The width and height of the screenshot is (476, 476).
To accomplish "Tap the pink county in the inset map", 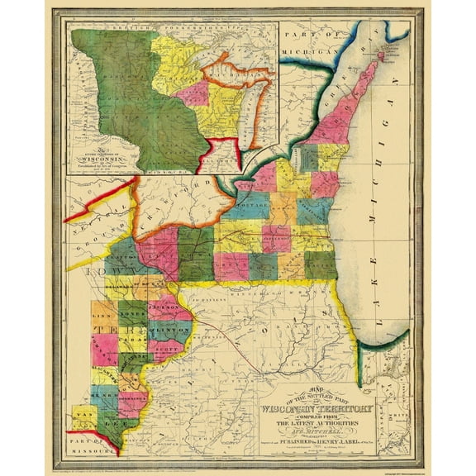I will [x=192, y=92].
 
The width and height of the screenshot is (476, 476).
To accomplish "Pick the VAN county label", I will [x=83, y=413].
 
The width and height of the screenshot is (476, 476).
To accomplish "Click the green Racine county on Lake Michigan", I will [x=321, y=264].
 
